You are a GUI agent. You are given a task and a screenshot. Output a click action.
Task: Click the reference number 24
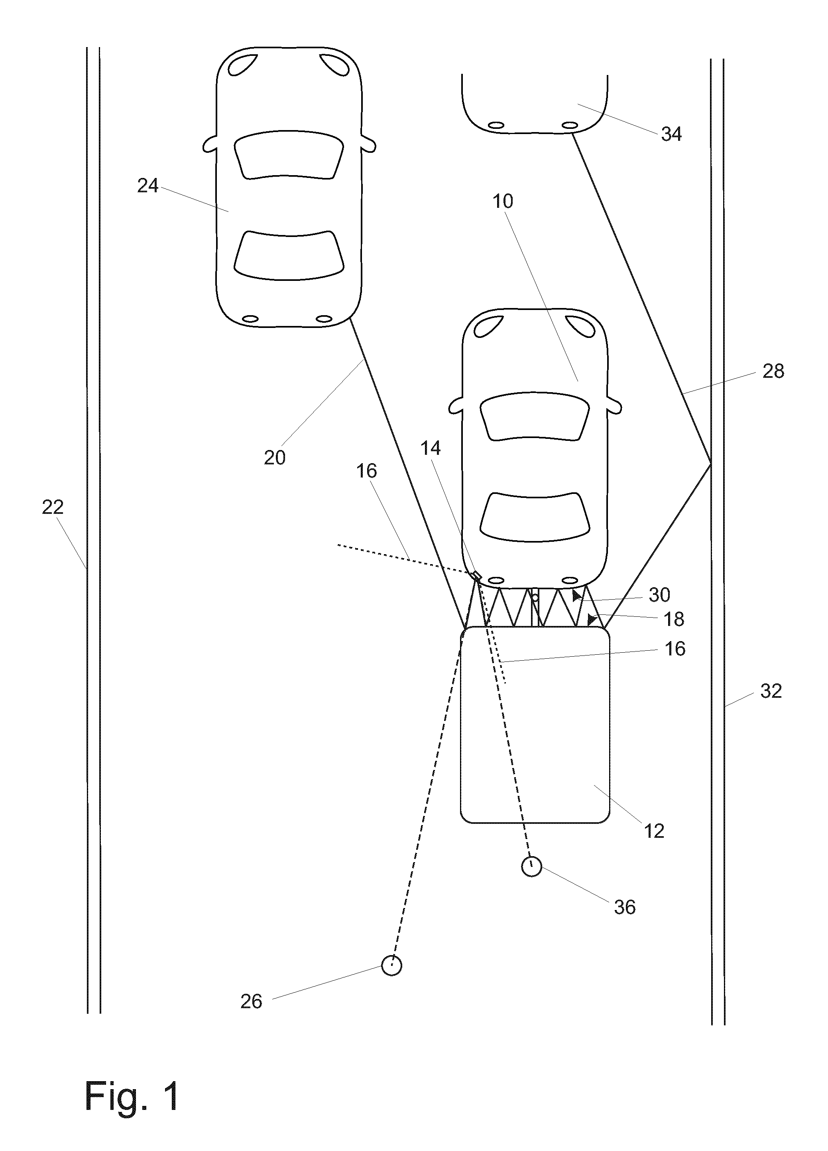pos(148,186)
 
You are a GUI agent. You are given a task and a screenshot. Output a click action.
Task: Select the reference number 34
pos(671,134)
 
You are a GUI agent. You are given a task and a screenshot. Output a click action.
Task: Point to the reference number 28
pos(773,371)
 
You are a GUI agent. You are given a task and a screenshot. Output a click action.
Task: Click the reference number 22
pos(53,507)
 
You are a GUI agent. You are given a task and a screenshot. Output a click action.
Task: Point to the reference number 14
pos(431,448)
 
